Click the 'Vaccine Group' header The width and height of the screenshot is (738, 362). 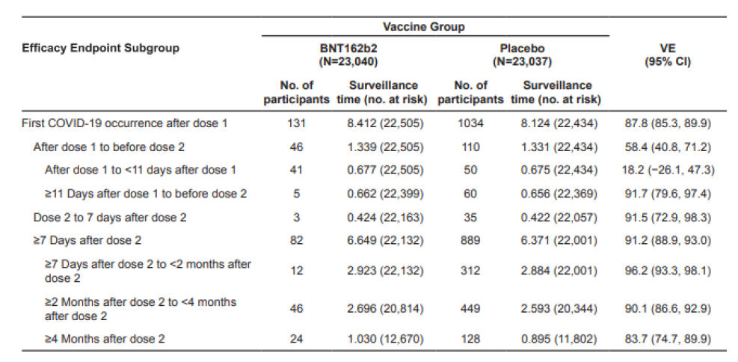coord(423,27)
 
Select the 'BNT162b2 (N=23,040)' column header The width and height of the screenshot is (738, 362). coord(348,55)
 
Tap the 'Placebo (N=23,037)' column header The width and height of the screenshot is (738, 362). coord(522,55)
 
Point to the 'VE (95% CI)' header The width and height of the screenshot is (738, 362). coord(668,55)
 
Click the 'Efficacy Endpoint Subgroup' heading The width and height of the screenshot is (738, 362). coord(100,48)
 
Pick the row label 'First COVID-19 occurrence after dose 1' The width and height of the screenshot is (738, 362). coord(125,123)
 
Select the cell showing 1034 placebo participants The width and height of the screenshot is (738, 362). coord(470,123)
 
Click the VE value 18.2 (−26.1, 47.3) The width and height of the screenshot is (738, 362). coord(668,170)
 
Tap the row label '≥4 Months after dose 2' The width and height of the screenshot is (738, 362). coord(105,339)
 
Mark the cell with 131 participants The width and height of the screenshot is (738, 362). coord(297,123)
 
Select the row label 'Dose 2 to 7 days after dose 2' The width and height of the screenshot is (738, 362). coord(110,218)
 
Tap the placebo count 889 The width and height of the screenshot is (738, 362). coord(470,241)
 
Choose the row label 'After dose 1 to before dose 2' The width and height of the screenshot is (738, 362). coord(108,147)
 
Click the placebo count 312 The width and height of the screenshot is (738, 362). coord(470,271)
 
